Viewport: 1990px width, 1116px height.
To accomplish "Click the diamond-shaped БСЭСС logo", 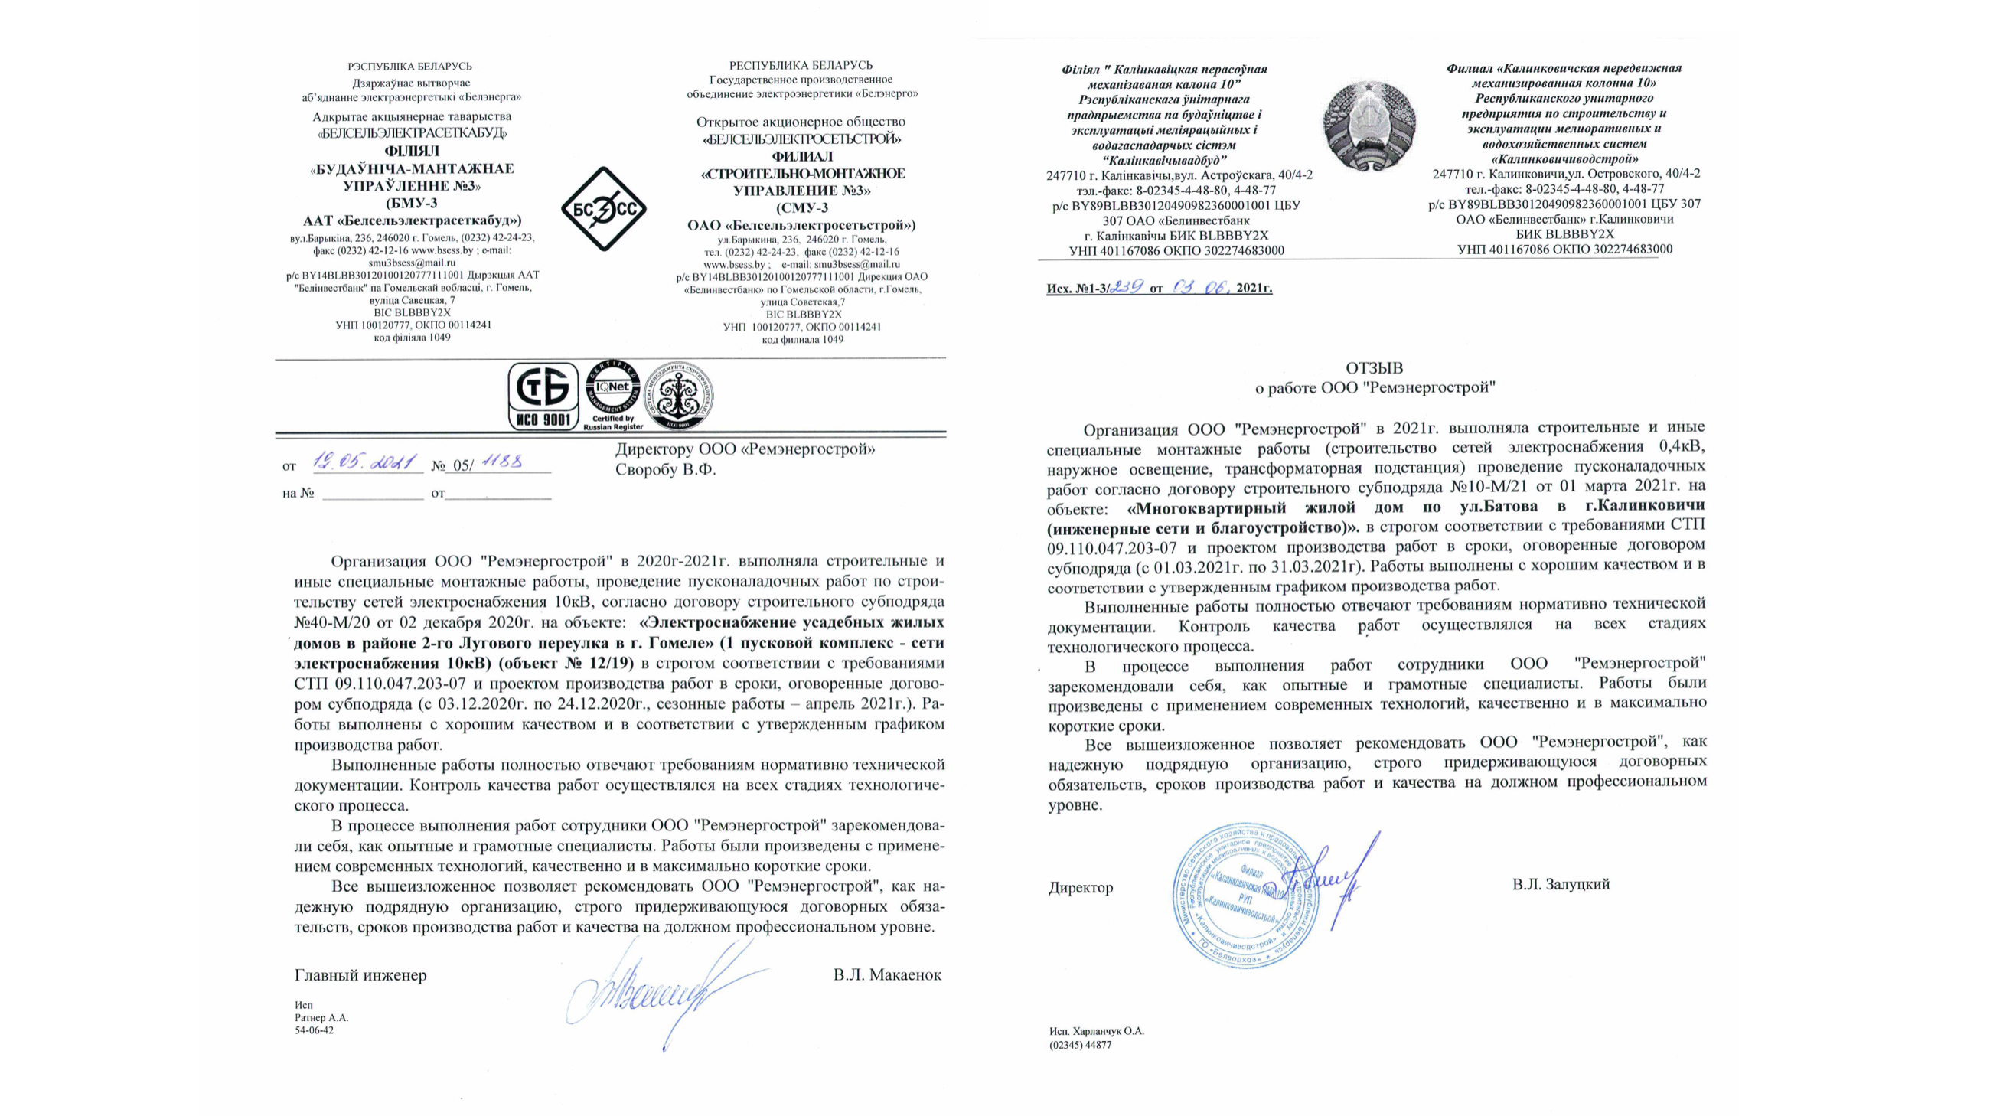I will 603,209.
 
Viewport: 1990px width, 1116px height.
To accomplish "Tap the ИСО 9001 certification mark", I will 543,396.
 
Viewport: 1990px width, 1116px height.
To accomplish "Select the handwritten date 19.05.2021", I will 364,463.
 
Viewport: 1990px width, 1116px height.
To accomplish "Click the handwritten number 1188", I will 503,462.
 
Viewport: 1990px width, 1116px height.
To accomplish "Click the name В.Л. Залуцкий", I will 1561,884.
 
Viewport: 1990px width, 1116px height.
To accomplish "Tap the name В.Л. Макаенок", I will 887,974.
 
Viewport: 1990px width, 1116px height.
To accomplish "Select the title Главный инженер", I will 360,975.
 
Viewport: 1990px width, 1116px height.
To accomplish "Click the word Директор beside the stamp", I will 1081,888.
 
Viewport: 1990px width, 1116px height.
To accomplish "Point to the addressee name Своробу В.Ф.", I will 665,469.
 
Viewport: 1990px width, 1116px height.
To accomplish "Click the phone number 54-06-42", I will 315,1030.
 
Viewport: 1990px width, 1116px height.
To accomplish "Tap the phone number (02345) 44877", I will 1080,1045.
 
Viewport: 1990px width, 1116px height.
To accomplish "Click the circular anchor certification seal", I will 678,396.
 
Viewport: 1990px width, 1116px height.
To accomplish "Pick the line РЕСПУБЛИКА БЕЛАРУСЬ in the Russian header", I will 801,66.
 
